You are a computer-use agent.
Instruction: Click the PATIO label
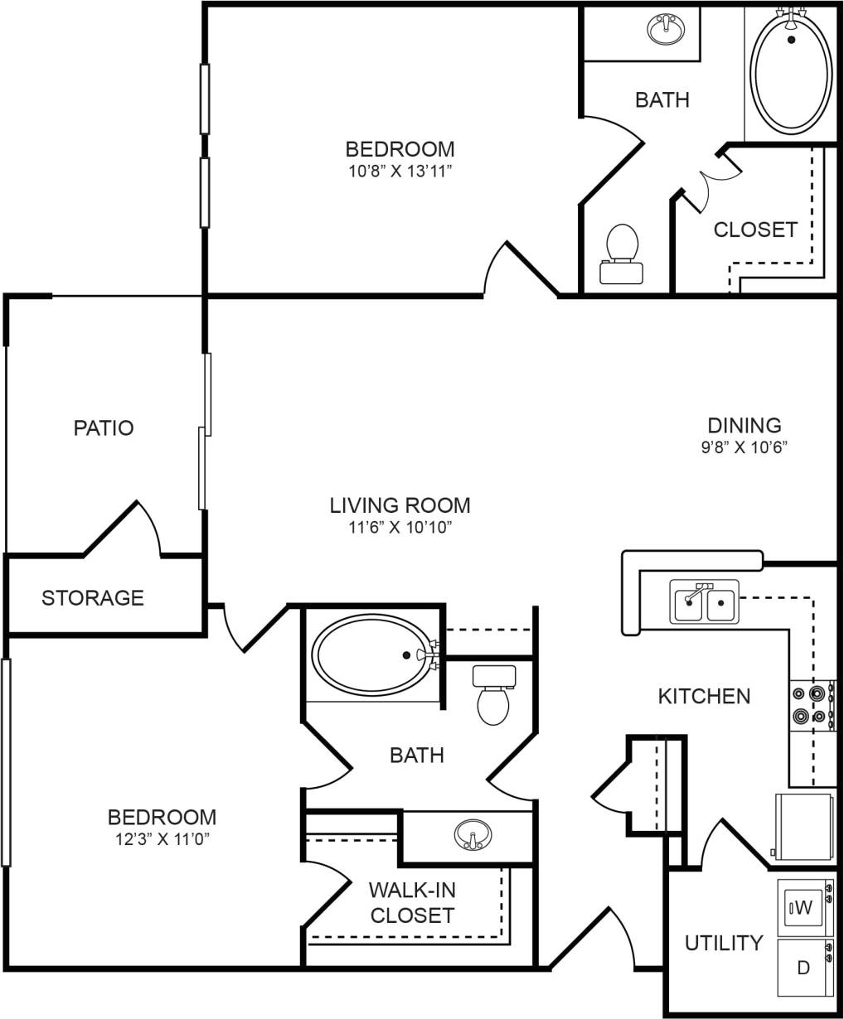click(x=104, y=428)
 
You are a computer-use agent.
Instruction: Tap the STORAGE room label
click(x=93, y=597)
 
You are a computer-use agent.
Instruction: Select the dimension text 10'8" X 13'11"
click(x=400, y=171)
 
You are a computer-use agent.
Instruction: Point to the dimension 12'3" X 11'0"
click(x=162, y=838)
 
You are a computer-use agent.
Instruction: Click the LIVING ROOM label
click(x=400, y=505)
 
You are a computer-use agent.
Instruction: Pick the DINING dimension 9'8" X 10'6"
click(x=745, y=447)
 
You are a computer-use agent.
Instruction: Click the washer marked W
click(x=803, y=907)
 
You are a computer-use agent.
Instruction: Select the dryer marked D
click(x=803, y=967)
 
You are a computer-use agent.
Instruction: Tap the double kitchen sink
click(x=705, y=602)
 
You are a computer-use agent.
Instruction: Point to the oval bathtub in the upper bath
click(x=791, y=73)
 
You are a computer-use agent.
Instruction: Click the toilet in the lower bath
click(x=494, y=696)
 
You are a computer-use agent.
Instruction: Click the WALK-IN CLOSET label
click(x=412, y=902)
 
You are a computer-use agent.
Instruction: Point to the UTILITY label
click(x=724, y=943)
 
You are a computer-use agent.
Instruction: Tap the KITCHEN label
click(x=704, y=696)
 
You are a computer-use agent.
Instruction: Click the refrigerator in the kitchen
click(x=803, y=827)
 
